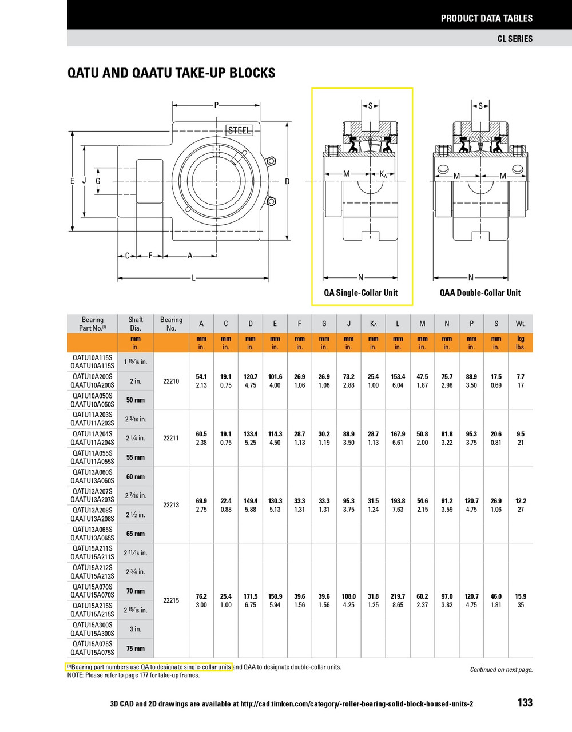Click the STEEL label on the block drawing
(239, 130)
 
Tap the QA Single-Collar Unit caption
(361, 293)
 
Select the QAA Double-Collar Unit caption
(480, 293)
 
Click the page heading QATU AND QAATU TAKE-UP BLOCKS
(171, 73)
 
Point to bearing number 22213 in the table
(171, 505)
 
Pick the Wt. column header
(520, 324)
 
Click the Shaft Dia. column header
(136, 324)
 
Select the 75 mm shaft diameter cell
(136, 649)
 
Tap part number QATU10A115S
(93, 357)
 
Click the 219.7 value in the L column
(398, 596)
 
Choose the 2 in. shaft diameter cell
(136, 381)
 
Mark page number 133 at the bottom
(525, 703)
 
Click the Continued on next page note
(501, 670)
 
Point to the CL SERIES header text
(515, 39)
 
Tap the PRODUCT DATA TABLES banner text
(486, 18)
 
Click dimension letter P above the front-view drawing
(216, 105)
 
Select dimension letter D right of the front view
(287, 181)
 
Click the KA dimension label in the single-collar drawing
(383, 174)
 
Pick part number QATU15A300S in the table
(93, 625)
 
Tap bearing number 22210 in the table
(171, 381)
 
